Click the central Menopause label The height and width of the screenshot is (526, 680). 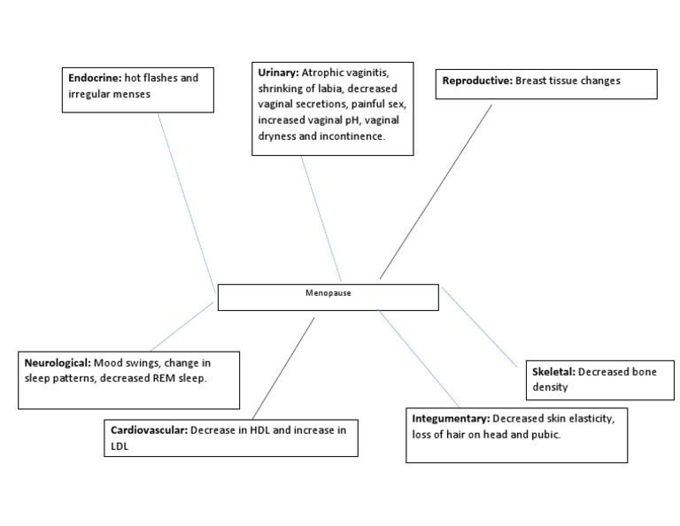point(328,293)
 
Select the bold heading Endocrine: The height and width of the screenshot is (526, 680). point(96,78)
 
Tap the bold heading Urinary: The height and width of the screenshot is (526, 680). point(277,72)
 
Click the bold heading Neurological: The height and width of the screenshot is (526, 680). point(58,363)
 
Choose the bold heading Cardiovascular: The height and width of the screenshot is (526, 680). point(149,430)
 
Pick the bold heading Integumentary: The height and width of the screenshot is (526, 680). point(451,417)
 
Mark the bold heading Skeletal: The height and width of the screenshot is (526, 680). point(553,372)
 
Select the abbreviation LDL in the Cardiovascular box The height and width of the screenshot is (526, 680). point(120,447)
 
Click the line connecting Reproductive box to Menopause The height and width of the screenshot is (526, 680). point(437,190)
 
